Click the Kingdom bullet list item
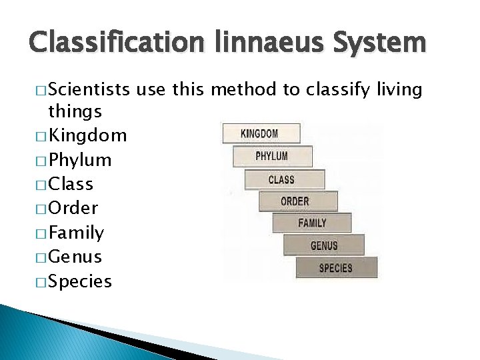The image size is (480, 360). click(87, 136)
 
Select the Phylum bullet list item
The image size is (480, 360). click(79, 160)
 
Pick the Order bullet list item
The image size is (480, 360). click(73, 208)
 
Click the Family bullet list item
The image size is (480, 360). click(76, 233)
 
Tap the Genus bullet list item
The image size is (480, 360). click(75, 257)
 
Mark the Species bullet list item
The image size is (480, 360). click(79, 281)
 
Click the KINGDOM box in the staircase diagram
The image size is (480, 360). click(261, 133)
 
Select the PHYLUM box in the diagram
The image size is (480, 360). click(271, 156)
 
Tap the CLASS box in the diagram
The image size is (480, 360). click(283, 179)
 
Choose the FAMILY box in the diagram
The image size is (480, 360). click(312, 223)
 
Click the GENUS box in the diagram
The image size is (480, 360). click(324, 245)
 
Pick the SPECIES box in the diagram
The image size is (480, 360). click(337, 268)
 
